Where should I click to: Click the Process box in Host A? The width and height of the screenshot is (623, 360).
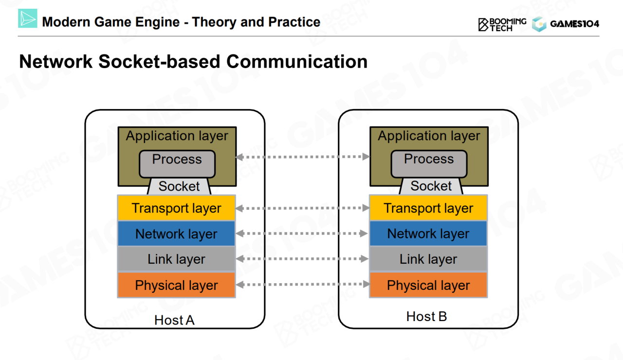[x=177, y=163]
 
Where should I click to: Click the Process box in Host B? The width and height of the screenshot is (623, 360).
[x=429, y=163]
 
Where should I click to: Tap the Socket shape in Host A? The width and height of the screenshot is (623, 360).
[x=179, y=186]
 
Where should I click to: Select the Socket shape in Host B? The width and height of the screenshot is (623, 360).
[x=431, y=186]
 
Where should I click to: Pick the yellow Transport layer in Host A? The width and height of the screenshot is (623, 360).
[x=176, y=208]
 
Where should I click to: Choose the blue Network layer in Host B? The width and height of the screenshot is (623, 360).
[x=428, y=234]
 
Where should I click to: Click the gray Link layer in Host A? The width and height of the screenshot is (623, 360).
[x=176, y=259]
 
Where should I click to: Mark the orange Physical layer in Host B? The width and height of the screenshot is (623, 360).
[x=428, y=286]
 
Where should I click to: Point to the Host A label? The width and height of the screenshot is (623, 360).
[x=174, y=320]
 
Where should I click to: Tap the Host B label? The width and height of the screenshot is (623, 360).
[x=426, y=317]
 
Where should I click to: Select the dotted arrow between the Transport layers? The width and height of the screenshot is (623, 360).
[x=302, y=208]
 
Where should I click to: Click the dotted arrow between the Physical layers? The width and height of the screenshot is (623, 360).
[x=302, y=284]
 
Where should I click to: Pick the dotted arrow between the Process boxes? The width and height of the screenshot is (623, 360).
[x=302, y=157]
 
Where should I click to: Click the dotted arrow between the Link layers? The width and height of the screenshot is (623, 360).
[x=302, y=259]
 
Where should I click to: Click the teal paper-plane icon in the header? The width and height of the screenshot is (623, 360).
[x=28, y=18]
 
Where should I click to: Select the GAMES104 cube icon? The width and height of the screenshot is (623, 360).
[x=539, y=24]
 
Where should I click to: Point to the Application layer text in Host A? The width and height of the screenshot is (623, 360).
[x=177, y=136]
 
